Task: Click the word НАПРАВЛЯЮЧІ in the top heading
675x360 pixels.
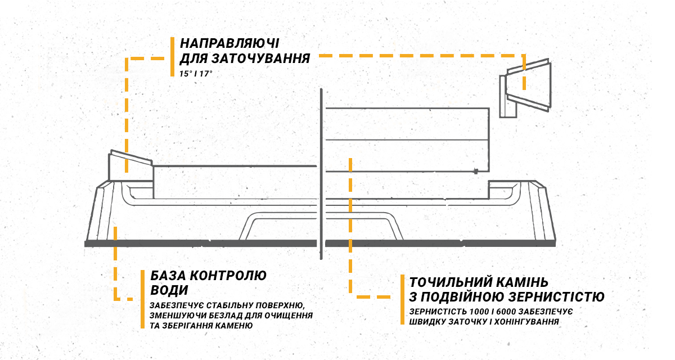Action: [230, 43]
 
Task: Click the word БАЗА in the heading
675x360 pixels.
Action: [167, 276]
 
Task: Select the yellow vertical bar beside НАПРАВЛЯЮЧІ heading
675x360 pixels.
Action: [172, 57]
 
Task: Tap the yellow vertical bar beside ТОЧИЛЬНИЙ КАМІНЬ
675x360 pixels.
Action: [403, 299]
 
